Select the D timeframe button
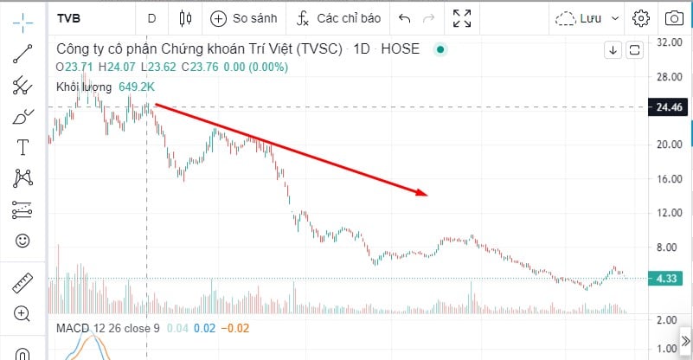pos(152,17)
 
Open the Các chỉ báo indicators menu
pos(339,17)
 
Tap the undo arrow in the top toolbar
pos(405,17)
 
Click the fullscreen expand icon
pos(463,17)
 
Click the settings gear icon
pos(641,17)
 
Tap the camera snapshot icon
pos(673,17)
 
